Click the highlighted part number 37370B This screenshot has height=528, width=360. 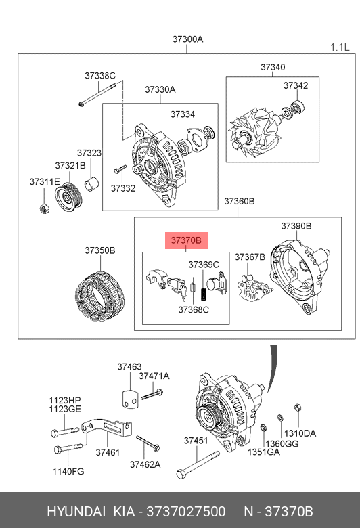[186, 240]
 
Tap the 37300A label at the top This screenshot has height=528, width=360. [187, 39]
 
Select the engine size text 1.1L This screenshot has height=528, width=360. [340, 47]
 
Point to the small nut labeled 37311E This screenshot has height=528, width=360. [44, 208]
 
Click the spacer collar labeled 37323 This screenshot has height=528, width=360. [91, 183]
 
